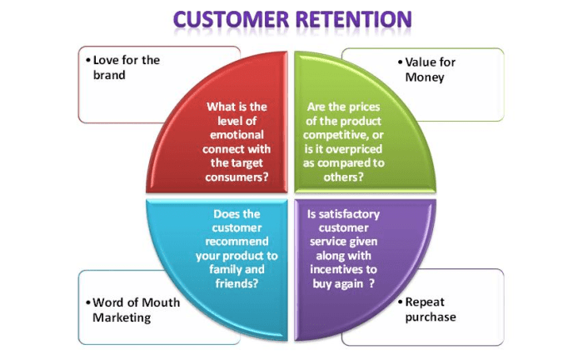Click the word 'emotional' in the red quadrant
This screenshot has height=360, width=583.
coord(237,134)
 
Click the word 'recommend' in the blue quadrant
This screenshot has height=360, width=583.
coord(237,242)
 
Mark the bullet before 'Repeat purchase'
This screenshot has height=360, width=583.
coord(399,302)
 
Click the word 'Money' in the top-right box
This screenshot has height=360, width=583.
coord(426,77)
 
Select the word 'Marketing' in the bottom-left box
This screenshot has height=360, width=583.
coord(122,317)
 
